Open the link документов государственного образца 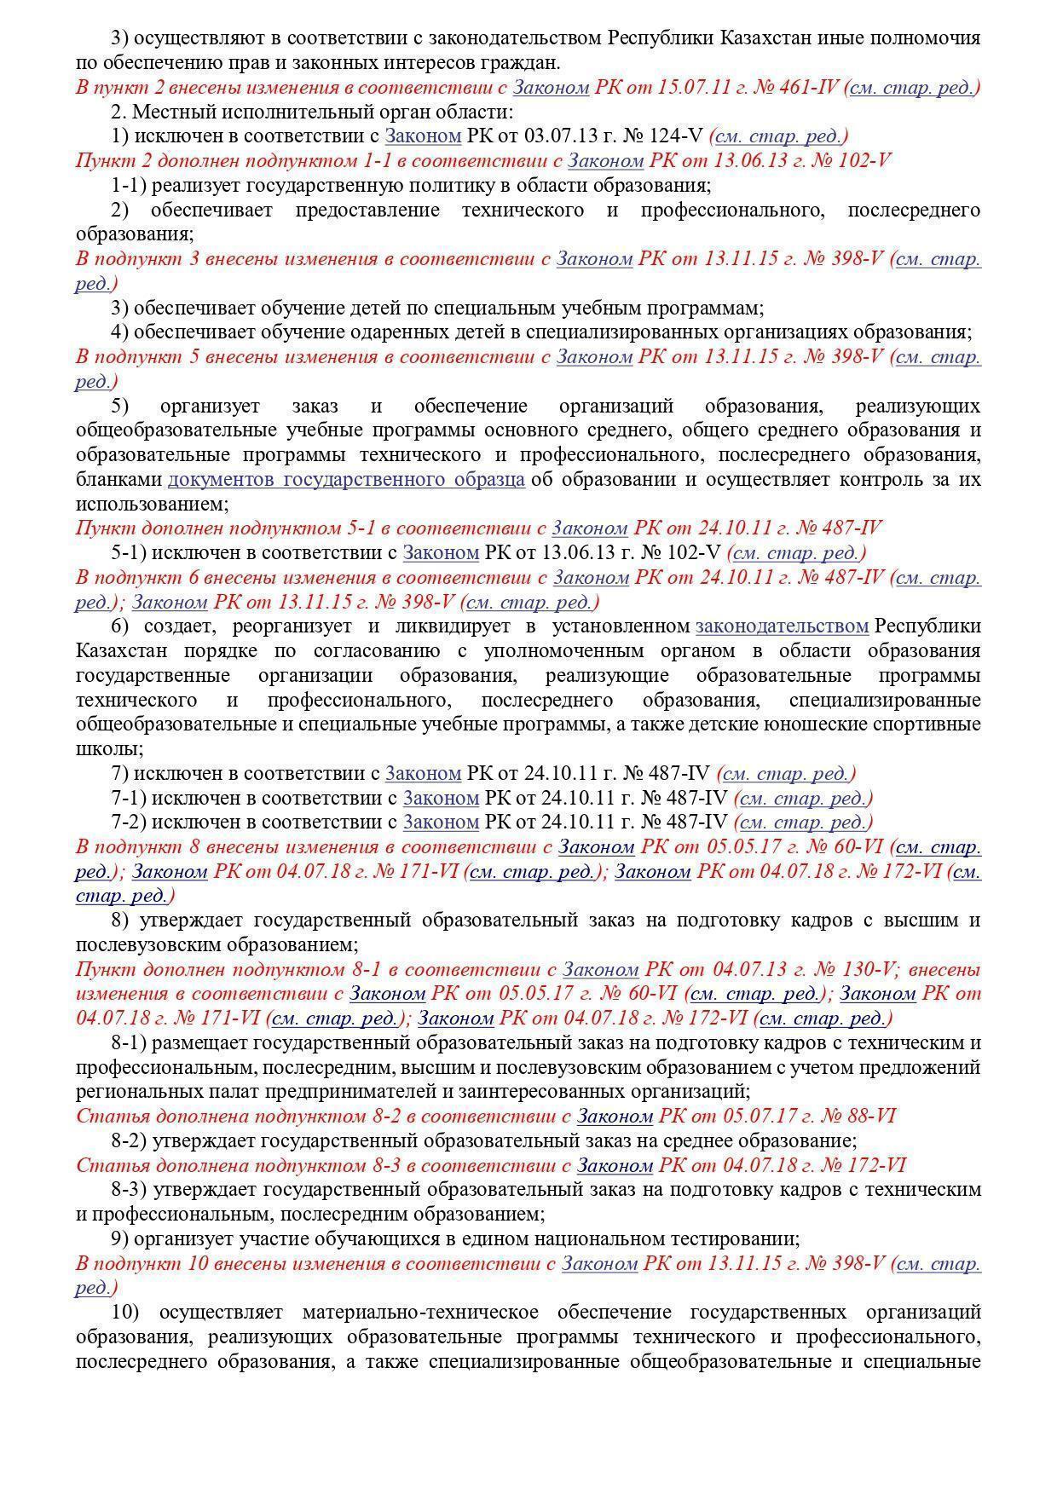(x=345, y=479)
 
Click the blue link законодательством (x=782, y=626)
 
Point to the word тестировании (x=736, y=1238)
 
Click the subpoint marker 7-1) (x=129, y=799)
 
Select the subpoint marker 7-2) (x=129, y=823)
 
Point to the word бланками (x=118, y=479)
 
